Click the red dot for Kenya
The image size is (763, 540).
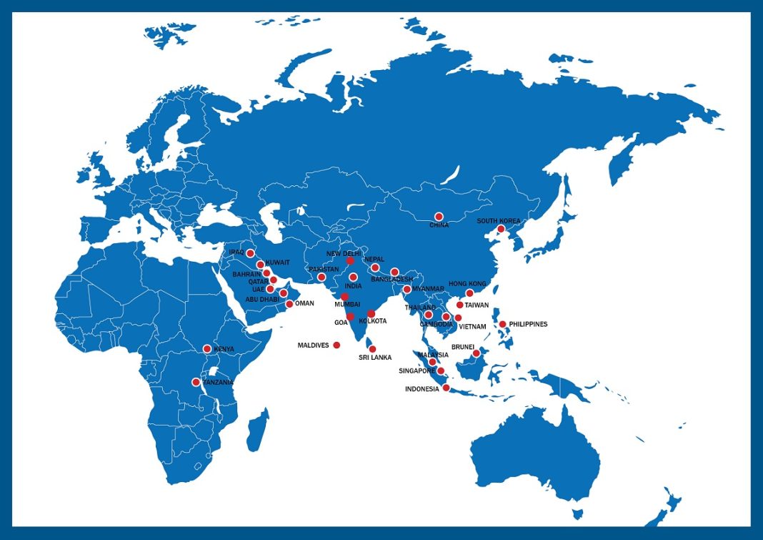click(x=207, y=349)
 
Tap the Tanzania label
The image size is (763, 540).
click(x=218, y=383)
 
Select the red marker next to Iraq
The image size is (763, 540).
click(x=250, y=253)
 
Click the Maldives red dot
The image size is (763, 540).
click(x=336, y=345)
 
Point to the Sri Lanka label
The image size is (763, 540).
click(x=374, y=357)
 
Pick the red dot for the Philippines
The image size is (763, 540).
click(x=502, y=325)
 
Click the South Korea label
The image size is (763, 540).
click(x=498, y=221)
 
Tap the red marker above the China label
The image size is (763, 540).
click(x=439, y=216)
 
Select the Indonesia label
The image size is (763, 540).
click(x=422, y=389)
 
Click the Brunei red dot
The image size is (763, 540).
click(x=476, y=353)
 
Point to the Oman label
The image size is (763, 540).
click(x=304, y=303)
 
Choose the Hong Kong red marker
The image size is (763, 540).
click(x=469, y=293)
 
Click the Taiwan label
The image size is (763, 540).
click(x=477, y=305)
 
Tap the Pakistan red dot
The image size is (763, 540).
click(x=321, y=278)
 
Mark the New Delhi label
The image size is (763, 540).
click(x=344, y=254)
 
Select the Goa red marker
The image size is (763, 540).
click(x=350, y=317)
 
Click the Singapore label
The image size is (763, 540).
click(x=417, y=371)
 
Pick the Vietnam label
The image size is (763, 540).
click(x=472, y=327)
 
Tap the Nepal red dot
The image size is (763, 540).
click(x=375, y=267)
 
